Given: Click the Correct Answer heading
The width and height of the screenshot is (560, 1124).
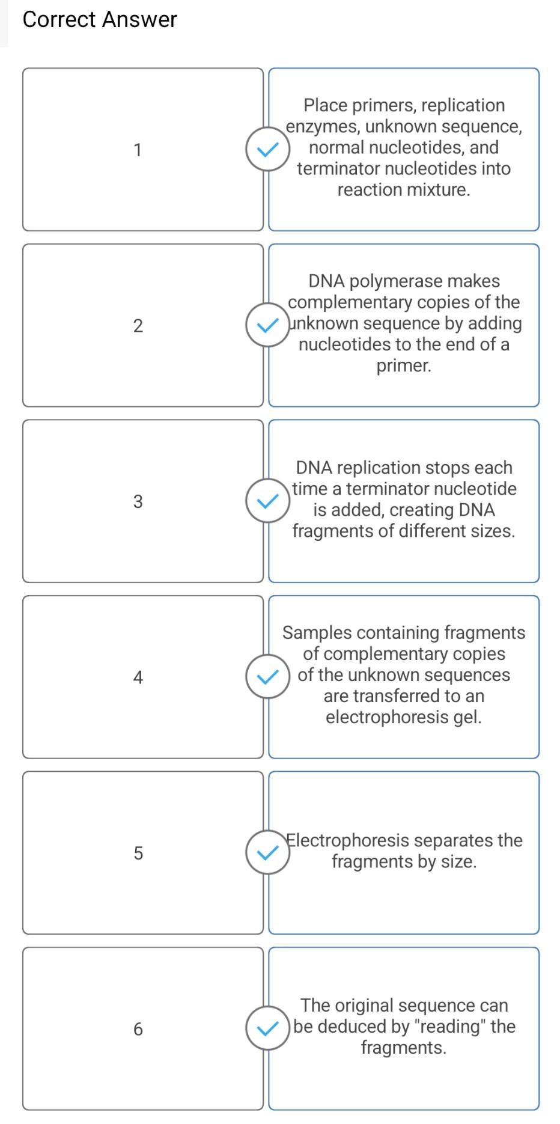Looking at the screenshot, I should click(100, 19).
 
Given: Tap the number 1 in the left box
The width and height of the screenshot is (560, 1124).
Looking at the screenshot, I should click(138, 150).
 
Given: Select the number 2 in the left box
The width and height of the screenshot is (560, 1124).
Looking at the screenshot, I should click(138, 326).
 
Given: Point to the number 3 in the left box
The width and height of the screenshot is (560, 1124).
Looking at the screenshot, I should click(138, 501).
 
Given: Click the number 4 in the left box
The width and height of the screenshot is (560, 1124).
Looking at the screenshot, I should click(138, 677).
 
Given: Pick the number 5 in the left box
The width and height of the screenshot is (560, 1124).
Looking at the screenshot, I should click(138, 853).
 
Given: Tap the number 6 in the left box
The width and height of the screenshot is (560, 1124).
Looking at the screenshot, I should click(138, 1029).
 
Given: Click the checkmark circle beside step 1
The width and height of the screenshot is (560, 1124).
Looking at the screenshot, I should click(267, 149).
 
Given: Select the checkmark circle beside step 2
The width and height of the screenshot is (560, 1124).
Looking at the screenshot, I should click(267, 325).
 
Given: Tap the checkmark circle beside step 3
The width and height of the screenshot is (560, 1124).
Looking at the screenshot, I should click(267, 501).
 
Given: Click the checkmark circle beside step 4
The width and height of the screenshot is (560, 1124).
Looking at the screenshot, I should click(267, 677).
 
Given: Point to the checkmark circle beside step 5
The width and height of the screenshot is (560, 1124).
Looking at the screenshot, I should click(267, 852).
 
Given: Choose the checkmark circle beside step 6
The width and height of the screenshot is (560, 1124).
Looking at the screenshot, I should click(267, 1028).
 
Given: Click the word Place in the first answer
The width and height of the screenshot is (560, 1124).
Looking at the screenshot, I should click(324, 105).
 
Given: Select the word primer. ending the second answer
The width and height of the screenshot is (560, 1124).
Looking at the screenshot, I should click(404, 365).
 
